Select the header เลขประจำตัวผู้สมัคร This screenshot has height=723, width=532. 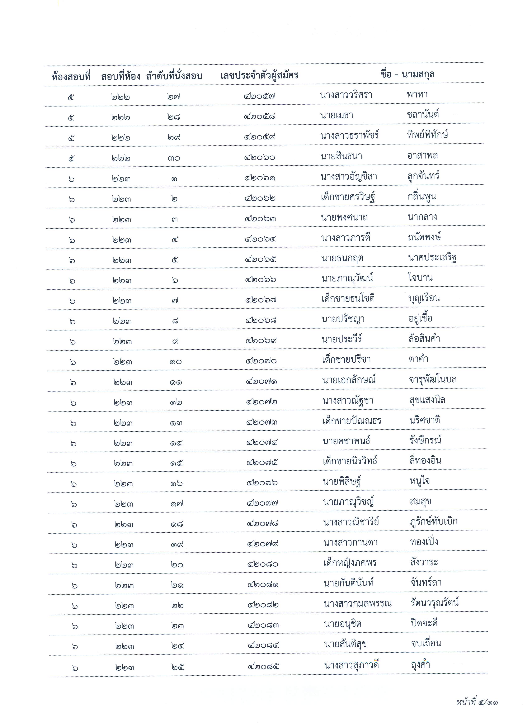pos(259,76)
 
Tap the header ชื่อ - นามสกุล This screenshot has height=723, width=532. pos(407,74)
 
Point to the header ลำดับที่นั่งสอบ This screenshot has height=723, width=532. pos(174,76)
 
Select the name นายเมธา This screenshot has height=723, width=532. pos(336,115)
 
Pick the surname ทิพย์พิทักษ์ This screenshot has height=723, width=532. pos(428,134)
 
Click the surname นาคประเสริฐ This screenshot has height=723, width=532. pos(432,257)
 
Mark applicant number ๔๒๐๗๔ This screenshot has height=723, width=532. pos(262,443)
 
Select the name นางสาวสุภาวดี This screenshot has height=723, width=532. pos(351,665)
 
